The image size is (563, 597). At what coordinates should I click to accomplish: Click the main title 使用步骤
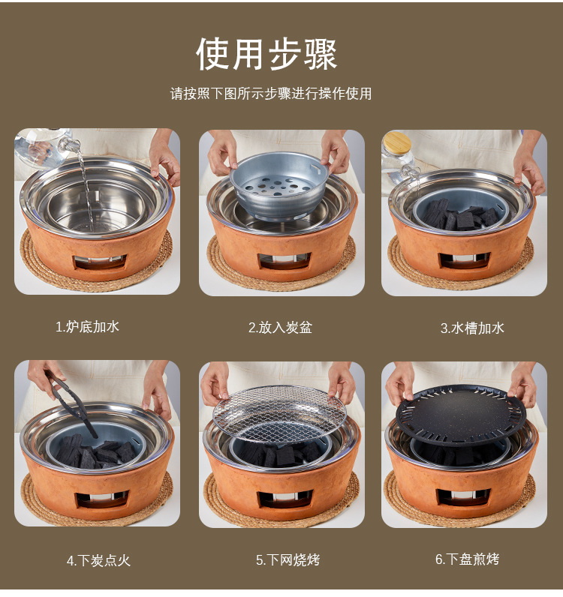tap(266, 53)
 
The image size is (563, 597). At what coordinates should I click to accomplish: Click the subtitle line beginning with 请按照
tap(271, 94)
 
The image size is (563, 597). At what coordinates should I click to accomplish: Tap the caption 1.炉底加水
tap(88, 327)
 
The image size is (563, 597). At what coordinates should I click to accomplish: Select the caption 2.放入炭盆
tap(280, 328)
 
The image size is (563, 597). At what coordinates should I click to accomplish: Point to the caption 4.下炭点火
tap(98, 560)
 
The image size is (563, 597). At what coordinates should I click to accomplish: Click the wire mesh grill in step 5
tap(279, 412)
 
